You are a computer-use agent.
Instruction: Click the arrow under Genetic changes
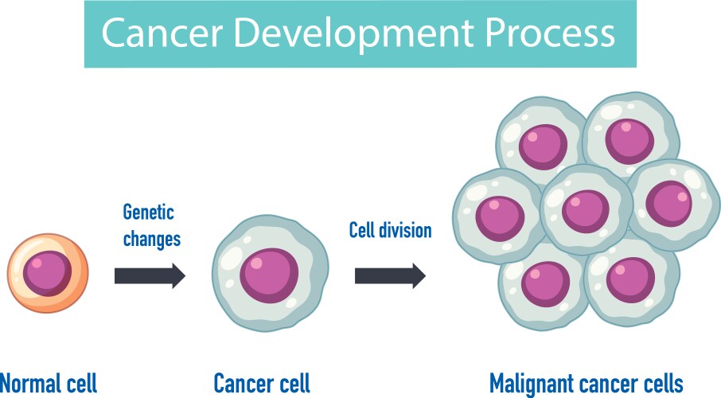coord(150,276)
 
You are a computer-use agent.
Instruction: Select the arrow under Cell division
coord(390,276)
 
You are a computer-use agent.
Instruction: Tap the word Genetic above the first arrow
coord(148,213)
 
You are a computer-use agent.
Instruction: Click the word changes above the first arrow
coord(152,239)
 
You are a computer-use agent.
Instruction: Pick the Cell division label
coord(390,231)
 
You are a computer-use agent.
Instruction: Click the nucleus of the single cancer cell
coord(269,272)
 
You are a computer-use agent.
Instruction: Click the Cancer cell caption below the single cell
coord(262,383)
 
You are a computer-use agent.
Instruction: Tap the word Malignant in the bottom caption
coord(533,383)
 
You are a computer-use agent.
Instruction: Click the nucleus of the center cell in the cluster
coord(586,209)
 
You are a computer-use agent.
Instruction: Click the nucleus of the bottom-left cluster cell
coord(545,283)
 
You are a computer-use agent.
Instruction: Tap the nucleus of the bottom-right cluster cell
coord(629,279)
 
